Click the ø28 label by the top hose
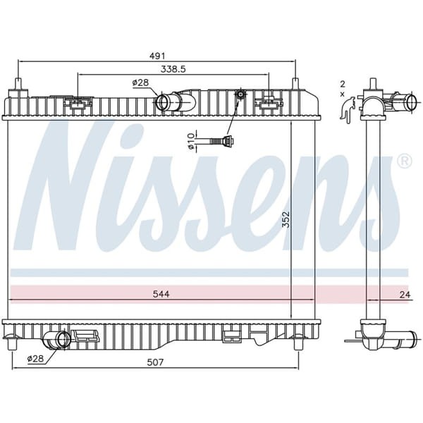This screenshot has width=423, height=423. point(140,83)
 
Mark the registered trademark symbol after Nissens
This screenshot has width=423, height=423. point(404,161)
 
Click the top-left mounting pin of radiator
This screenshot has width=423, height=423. point(17,89)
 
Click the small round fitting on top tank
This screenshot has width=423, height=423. point(241,94)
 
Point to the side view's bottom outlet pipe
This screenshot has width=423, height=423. point(392,340)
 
